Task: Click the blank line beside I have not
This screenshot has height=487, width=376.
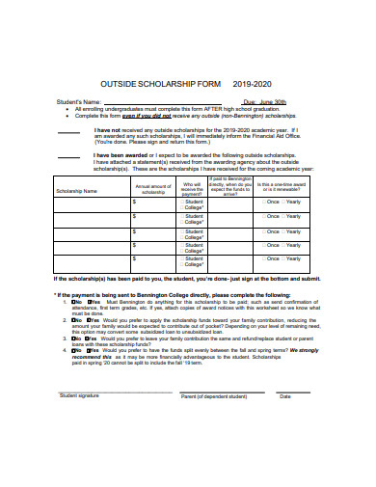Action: point(68,131)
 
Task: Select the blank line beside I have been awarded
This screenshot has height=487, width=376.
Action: point(68,156)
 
